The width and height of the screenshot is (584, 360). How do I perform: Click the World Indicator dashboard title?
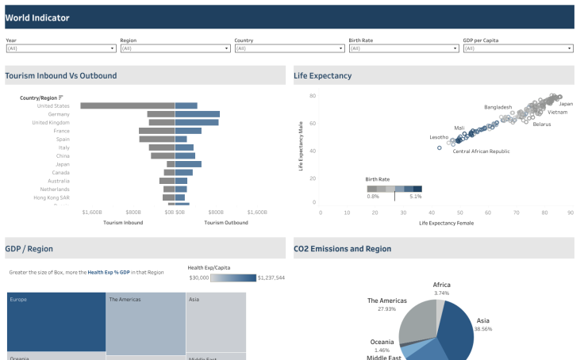[37, 17]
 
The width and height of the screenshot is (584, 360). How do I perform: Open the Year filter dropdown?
[61, 48]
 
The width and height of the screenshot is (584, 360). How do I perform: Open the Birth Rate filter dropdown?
[403, 48]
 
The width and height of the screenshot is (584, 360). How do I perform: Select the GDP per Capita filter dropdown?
[517, 48]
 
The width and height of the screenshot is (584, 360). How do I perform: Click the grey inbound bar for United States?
[127, 105]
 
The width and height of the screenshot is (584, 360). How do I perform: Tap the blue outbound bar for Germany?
[197, 114]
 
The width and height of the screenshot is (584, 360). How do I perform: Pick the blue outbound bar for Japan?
[188, 164]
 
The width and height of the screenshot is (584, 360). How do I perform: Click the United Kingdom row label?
[51, 123]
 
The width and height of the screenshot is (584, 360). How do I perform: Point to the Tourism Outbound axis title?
[226, 223]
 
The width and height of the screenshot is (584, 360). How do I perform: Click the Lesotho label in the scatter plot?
[439, 137]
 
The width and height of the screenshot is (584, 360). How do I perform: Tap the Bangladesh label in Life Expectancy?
[498, 106]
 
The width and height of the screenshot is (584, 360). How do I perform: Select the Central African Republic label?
[481, 151]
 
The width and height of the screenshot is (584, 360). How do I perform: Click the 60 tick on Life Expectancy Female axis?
[488, 213]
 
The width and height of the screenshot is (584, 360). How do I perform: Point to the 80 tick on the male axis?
[313, 96]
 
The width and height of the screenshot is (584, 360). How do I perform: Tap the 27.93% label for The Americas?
[386, 308]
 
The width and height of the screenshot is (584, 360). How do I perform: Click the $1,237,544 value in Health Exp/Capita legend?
[272, 278]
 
